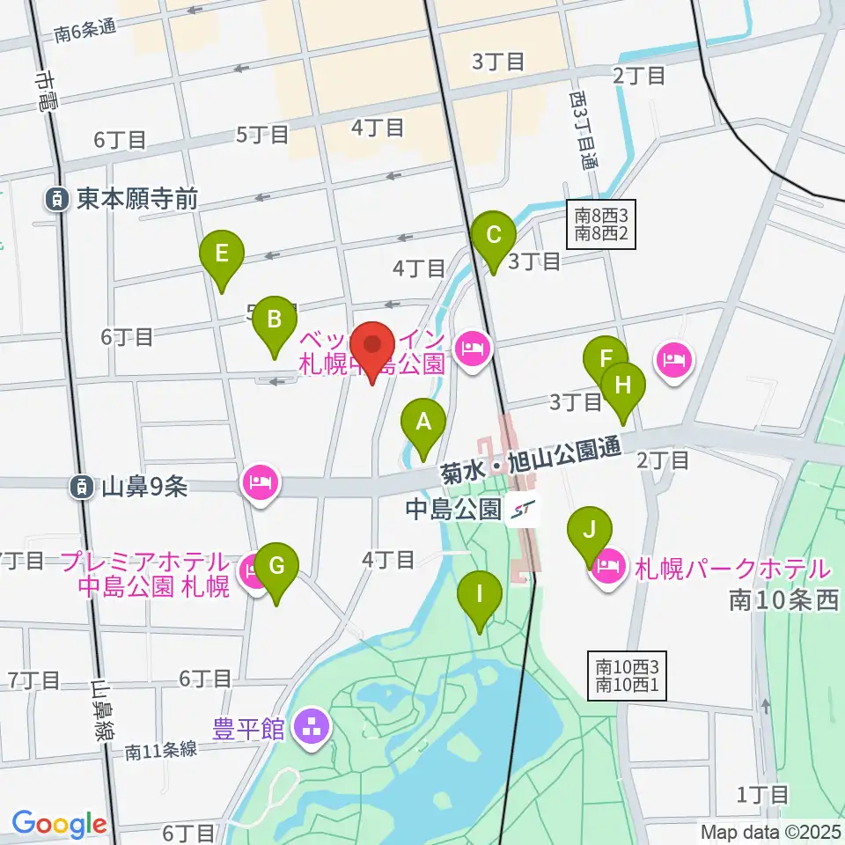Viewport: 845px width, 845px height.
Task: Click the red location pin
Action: (372, 349)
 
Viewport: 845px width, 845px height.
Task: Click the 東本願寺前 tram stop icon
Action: (56, 200)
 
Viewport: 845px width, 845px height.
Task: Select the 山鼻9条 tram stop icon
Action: (82, 485)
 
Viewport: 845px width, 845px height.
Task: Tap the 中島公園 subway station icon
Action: (523, 509)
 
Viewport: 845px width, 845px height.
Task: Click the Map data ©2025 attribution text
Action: (771, 831)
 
